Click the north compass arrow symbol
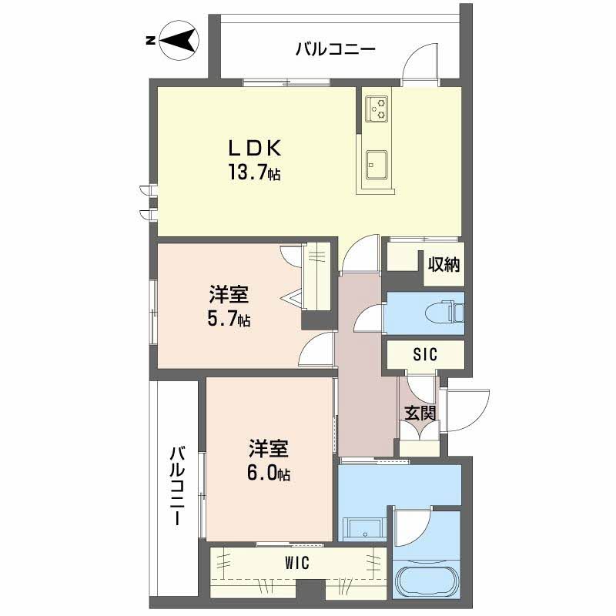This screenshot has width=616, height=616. (x=179, y=40)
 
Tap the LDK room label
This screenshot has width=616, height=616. (x=255, y=149)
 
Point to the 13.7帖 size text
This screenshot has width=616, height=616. (x=255, y=172)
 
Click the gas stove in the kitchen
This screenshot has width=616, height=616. (x=377, y=109)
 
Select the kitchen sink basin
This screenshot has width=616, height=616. (x=377, y=165)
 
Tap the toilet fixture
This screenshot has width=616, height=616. (x=444, y=313)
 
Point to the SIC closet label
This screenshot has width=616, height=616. (x=425, y=355)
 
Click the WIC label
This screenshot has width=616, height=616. (x=297, y=564)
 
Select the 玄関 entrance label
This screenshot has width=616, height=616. (x=420, y=413)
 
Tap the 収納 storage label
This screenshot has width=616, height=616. (x=444, y=264)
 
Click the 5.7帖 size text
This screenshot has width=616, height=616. (x=229, y=319)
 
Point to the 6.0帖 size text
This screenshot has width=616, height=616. (x=269, y=473)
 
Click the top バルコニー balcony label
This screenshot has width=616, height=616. (x=336, y=49)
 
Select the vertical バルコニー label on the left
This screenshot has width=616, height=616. (x=178, y=485)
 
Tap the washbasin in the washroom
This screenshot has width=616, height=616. (x=363, y=530)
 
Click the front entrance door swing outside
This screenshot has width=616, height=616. (x=466, y=410)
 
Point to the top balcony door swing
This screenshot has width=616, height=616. (x=420, y=64)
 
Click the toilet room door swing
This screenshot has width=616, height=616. (x=369, y=318)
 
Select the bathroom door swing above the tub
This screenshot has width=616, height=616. (x=413, y=527)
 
